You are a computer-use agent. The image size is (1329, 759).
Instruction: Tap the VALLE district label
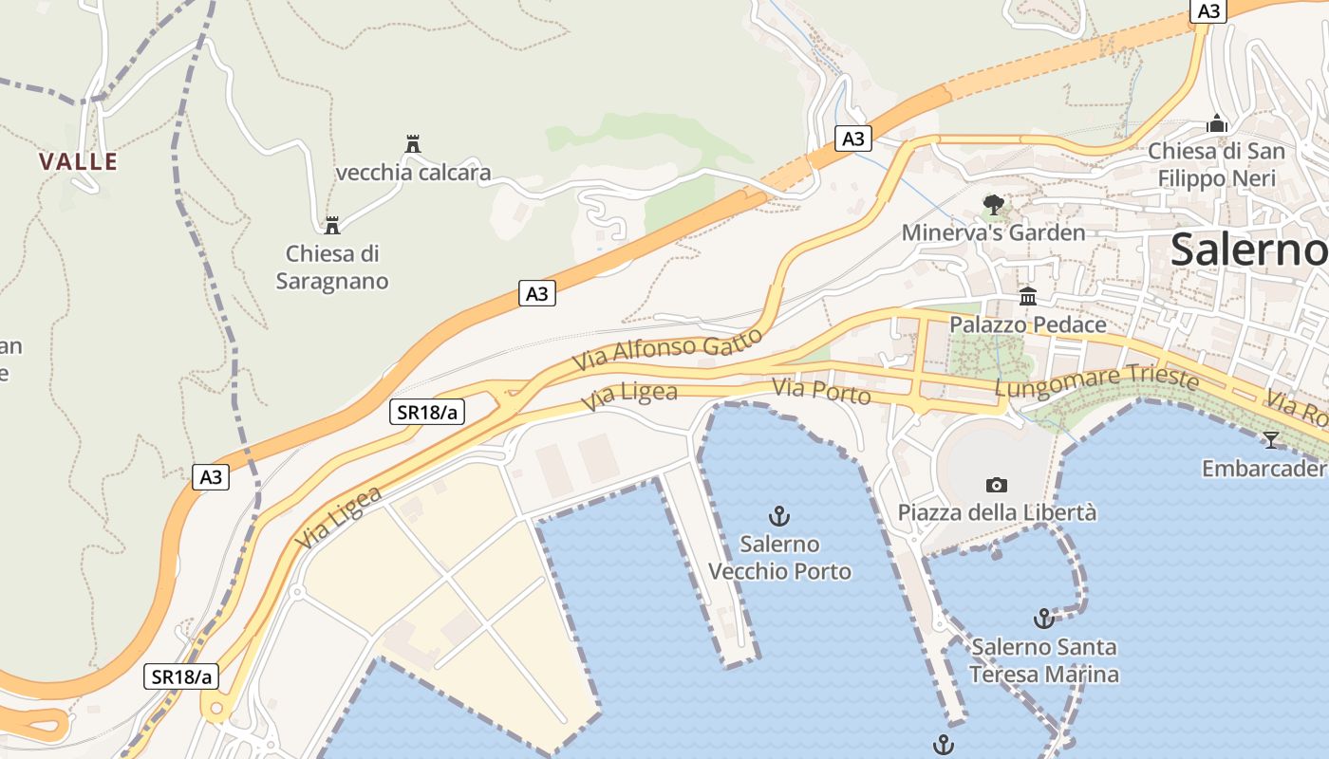click(x=79, y=162)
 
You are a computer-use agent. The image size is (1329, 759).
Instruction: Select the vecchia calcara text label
click(x=413, y=173)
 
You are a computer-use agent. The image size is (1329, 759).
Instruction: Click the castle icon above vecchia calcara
click(x=413, y=144)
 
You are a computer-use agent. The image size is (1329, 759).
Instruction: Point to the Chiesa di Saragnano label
click(x=332, y=268)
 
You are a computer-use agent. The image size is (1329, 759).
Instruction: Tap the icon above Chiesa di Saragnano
click(x=332, y=226)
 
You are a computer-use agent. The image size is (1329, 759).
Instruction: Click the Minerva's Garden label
click(x=993, y=232)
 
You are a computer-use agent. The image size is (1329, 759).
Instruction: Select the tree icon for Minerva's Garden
click(x=993, y=204)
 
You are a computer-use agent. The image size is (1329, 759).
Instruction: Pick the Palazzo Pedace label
click(x=1028, y=324)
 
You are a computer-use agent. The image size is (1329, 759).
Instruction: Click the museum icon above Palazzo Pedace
click(x=1028, y=297)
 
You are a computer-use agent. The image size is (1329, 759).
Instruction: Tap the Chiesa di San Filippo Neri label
click(x=1216, y=165)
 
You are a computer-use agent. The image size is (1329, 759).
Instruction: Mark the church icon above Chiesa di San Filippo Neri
click(x=1216, y=123)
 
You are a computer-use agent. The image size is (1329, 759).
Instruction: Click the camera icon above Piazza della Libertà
click(x=996, y=485)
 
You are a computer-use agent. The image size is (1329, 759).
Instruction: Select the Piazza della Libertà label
click(x=997, y=512)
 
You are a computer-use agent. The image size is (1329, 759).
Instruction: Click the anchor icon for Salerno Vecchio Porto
click(x=779, y=516)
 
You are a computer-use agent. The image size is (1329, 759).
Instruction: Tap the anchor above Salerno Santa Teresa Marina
click(x=1043, y=619)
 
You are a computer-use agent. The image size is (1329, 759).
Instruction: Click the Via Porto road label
click(x=821, y=391)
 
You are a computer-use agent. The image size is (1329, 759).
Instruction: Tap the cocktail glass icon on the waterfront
click(x=1270, y=439)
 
